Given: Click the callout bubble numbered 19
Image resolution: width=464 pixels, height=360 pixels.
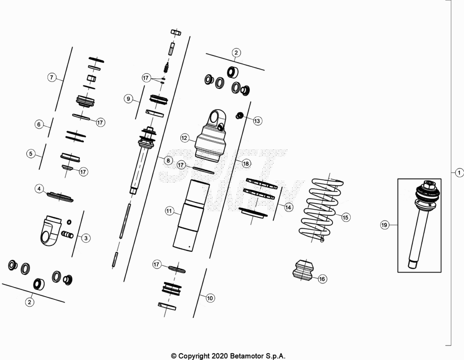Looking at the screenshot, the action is pos(384,225).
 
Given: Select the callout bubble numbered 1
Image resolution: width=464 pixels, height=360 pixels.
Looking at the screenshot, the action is pos(459,173).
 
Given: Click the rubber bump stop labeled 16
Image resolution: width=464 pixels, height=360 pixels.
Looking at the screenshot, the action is pos(303,270).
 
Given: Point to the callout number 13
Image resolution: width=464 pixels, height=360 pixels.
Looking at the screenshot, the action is pos(257,121).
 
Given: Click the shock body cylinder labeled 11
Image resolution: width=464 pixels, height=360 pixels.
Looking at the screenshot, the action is pos(192,216).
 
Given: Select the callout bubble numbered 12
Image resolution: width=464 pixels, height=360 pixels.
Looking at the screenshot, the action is pos(184,138).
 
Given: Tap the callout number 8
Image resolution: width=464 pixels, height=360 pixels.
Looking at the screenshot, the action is pos(168,160).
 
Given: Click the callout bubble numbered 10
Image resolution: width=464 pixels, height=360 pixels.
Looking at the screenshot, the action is pos(210,298).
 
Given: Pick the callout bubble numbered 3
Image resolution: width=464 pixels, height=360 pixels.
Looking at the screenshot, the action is pos(86,238).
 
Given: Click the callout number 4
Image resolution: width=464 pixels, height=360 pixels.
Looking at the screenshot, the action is pos(39,189).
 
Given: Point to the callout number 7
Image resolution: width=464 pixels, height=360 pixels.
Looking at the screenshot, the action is pos(52,77).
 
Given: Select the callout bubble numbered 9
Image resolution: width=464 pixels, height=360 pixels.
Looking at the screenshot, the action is pos(128,99).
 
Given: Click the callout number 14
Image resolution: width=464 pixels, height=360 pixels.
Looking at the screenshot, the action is pos(288,207).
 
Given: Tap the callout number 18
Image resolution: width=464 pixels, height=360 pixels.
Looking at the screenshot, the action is pos(246,163).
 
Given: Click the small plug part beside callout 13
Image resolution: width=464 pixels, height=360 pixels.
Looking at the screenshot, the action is pos(239,115).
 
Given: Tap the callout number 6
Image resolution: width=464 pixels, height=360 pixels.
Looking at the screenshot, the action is pos(39,124).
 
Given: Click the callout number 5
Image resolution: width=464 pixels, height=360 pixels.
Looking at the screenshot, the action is pos(31,154).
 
